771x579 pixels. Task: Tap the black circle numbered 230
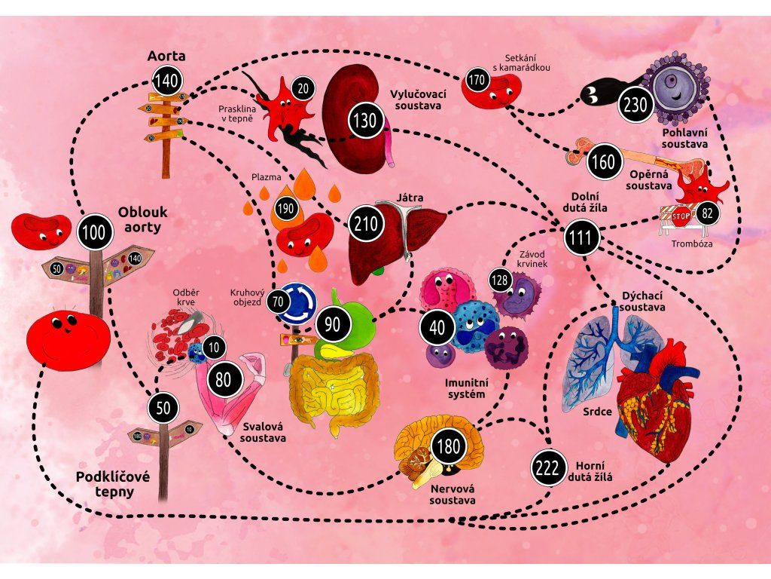click(x=634, y=106)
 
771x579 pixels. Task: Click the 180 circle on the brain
click(x=447, y=446)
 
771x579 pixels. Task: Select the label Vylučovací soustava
click(x=418, y=100)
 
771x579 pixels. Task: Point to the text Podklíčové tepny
click(x=105, y=484)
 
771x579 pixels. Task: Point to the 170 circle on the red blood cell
click(x=476, y=78)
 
